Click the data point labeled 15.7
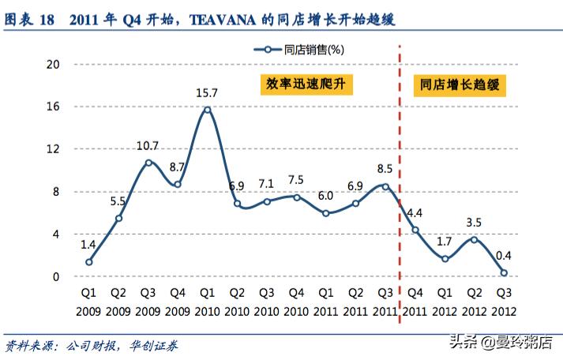pyautogui.click(x=208, y=110)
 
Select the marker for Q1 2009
pyautogui.click(x=89, y=262)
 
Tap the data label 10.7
pyautogui.click(x=148, y=145)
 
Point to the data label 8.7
pyautogui.click(x=178, y=167)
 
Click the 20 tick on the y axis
pyautogui.click(x=54, y=64)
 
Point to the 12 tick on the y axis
pyautogui.click(x=54, y=149)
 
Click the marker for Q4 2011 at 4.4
pyautogui.click(x=415, y=230)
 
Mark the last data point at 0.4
pyautogui.click(x=504, y=272)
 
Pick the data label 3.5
pyautogui.click(x=474, y=222)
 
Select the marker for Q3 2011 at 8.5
pyautogui.click(x=385, y=186)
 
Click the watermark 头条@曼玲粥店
pyautogui.click(x=502, y=341)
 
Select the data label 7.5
pyautogui.click(x=296, y=179)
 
